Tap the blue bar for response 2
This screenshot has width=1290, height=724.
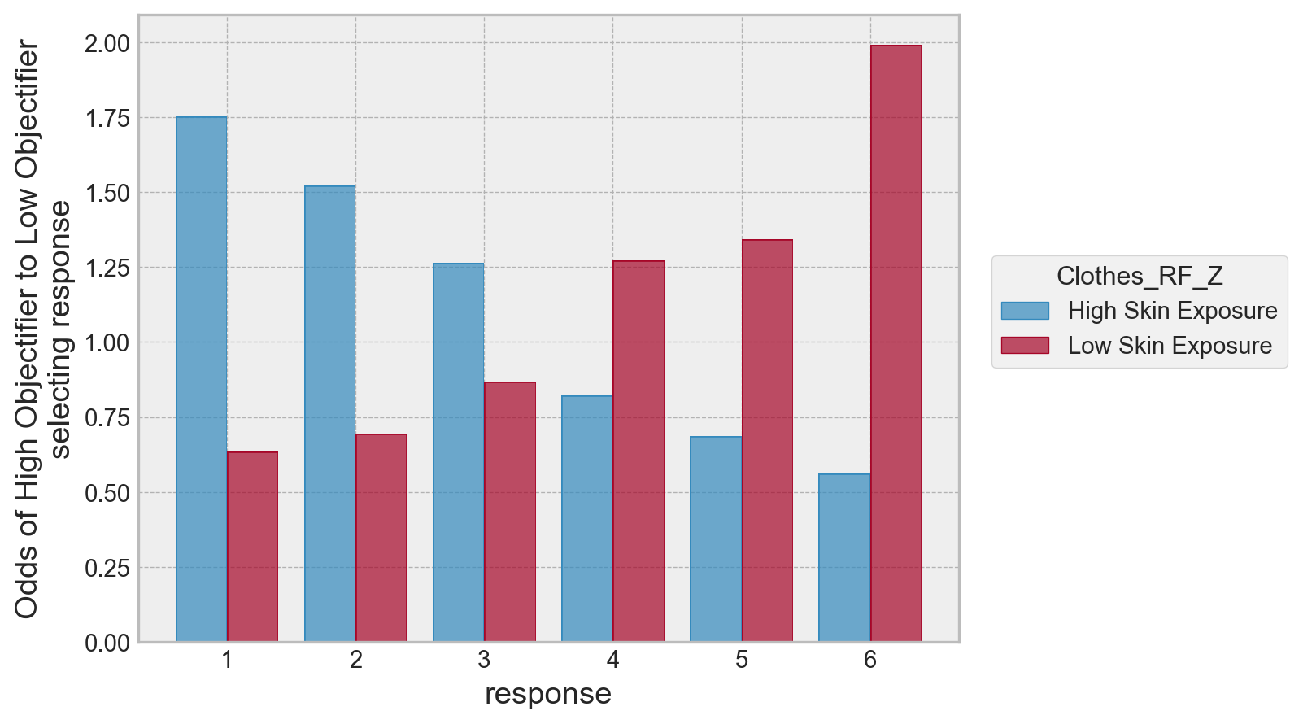[x=330, y=414]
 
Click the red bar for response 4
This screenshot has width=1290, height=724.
[x=638, y=451]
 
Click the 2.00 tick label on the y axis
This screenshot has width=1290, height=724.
[x=107, y=43]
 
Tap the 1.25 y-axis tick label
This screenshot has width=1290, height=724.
[x=107, y=268]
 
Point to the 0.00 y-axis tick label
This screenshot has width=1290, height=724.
[x=107, y=643]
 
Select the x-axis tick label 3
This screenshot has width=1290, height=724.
[x=484, y=661]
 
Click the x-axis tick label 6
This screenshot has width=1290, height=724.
[x=870, y=661]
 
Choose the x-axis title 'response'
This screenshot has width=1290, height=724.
[x=548, y=695]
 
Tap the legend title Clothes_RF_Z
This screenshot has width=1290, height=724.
[x=1140, y=277]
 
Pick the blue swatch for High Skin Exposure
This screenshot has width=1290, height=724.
[x=1025, y=311]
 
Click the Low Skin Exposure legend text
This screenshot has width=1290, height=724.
[x=1170, y=346]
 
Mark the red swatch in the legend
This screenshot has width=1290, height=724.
[x=1025, y=346]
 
